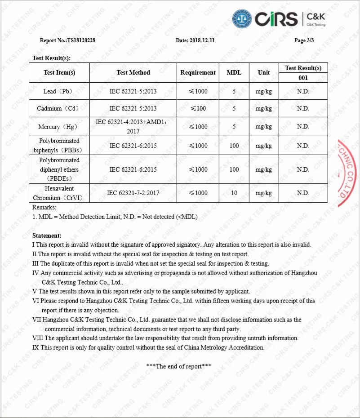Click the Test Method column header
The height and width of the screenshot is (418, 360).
point(133,72)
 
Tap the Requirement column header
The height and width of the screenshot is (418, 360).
point(198,72)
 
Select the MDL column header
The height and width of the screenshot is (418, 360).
point(234,72)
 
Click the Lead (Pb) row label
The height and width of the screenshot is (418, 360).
point(59,91)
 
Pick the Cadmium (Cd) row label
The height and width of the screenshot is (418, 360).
point(59,108)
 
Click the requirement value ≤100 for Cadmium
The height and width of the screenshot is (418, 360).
point(198,108)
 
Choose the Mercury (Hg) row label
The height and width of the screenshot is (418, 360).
point(59,127)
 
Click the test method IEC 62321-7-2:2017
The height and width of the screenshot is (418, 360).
point(133,193)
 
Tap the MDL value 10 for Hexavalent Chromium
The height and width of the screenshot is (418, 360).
point(234,193)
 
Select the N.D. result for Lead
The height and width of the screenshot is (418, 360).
point(303,91)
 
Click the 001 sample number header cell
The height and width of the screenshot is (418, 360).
point(303,78)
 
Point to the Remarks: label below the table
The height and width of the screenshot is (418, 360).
point(44,208)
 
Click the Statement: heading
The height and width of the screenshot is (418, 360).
point(47,236)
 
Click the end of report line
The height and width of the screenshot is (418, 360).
point(179,366)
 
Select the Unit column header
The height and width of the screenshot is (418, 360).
point(264,72)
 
